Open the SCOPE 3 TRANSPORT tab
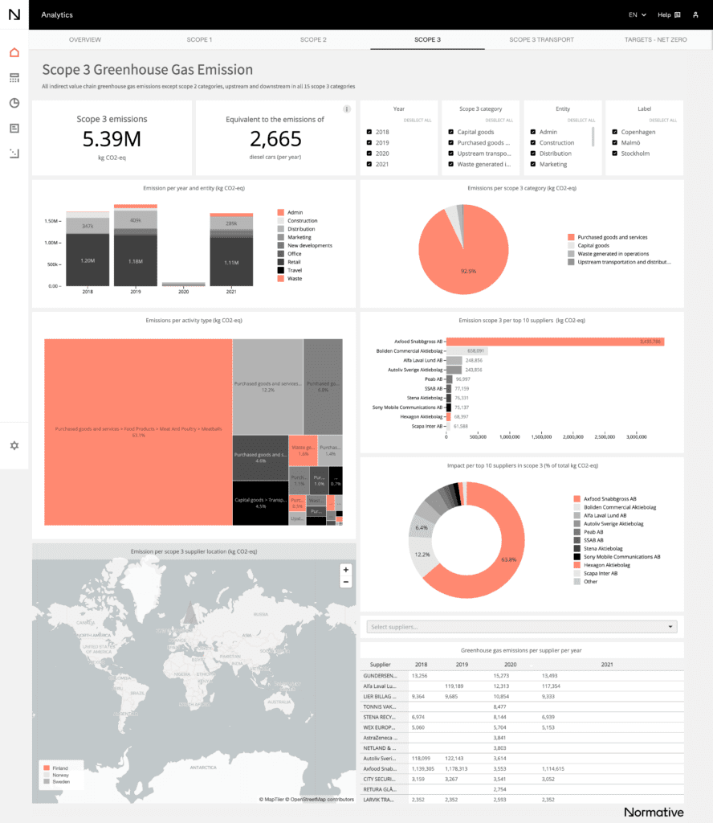tap(542, 39)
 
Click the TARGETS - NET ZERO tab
tap(654, 39)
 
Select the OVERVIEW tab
tap(85, 39)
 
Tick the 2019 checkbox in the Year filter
tap(369, 142)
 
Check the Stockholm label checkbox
tap(614, 154)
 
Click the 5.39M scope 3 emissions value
tap(112, 139)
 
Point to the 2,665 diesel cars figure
tap(275, 139)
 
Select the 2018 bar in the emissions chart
tap(88, 248)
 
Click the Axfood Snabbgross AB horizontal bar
tap(554, 342)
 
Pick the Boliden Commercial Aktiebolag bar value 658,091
tap(475, 351)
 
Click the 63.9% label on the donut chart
tap(507, 559)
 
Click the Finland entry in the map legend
tap(59, 768)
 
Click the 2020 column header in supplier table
tap(509, 665)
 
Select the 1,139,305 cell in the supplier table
tap(425, 769)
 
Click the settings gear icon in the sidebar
tap(14, 445)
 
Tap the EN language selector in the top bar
tap(637, 14)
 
